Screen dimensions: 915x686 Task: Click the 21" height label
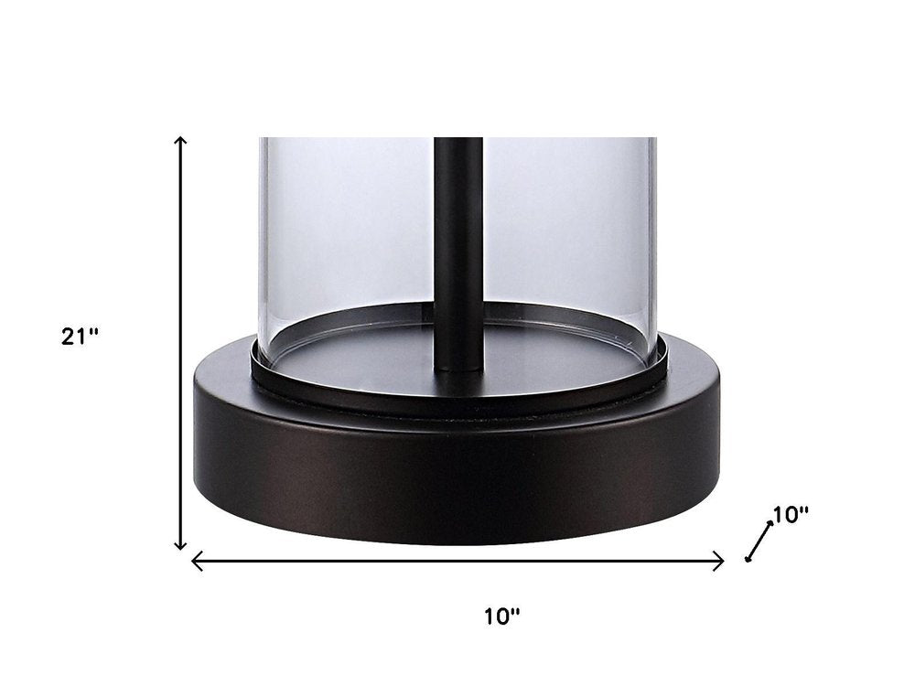80,337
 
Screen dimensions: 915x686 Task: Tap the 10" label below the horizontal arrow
501,616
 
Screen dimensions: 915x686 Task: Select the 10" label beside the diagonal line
791,514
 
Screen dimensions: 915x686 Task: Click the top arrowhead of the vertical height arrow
181,141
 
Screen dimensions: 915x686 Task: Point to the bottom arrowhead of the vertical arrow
181,544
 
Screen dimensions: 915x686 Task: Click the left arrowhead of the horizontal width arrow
198,562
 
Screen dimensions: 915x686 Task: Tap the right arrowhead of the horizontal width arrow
719,562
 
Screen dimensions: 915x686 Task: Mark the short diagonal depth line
759,541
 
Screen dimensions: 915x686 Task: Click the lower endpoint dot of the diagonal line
748,560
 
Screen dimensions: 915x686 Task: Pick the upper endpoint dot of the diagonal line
770,523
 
